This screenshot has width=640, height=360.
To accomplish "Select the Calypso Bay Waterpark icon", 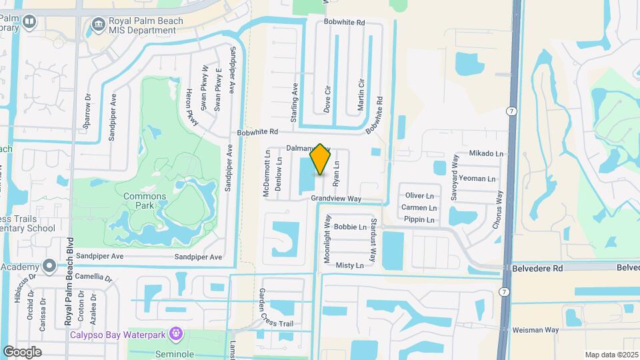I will (x=176, y=332).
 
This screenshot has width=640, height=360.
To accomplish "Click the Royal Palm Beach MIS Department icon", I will (x=98, y=25).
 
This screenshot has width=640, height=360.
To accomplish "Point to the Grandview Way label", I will (x=335, y=199).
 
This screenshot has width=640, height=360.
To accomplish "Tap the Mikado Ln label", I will (x=486, y=153).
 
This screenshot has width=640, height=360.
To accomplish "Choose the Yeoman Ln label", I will (x=478, y=179).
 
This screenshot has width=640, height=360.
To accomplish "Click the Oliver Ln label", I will (x=420, y=195).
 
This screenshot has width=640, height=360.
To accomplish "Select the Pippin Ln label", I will (x=419, y=219).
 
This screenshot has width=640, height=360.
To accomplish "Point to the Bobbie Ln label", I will (x=350, y=227).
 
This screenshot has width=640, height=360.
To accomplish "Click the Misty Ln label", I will (x=350, y=265).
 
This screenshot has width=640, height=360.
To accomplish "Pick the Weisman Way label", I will (x=535, y=330).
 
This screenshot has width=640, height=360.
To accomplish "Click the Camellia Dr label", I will (x=93, y=277).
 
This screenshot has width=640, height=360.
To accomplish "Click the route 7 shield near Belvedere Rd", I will (x=505, y=292).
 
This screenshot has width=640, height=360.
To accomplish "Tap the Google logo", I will (x=22, y=352).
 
